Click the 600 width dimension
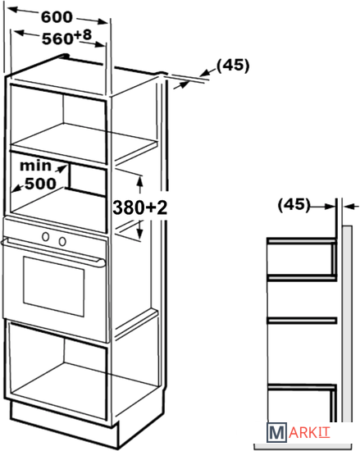57,17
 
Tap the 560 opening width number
57,39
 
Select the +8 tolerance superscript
83,35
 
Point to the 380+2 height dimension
139,207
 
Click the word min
35,166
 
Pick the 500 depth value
40,184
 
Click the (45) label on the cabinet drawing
233,66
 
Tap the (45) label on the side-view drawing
294,205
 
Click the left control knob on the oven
45,237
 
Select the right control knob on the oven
62,241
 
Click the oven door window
54,286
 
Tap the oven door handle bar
53,252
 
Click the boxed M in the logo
276,432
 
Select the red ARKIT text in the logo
309,433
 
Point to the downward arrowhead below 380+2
139,235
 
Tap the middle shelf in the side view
302,320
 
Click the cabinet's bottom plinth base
65,426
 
